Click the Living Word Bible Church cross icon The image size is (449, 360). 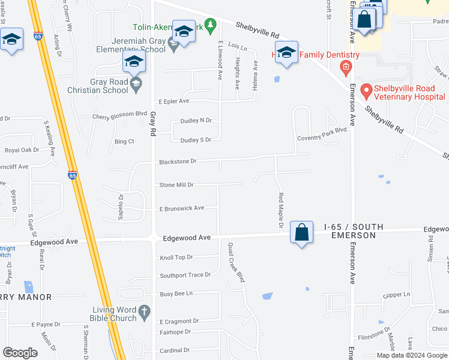pos(143,311)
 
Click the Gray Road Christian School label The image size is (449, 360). pos(100,86)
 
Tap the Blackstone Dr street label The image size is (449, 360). pos(178,161)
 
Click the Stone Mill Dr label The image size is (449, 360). pos(176,185)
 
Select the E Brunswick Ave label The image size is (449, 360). pos(181,208)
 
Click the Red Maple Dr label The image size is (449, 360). pos(280,211)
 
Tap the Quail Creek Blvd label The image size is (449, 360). pos(237,262)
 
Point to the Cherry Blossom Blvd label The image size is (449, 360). pos(119,117)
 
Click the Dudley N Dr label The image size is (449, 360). pos(196,121)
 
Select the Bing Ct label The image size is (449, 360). pos(124,141)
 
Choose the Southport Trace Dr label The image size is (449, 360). pos(185,275)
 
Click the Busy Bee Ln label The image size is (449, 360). pos(176,293)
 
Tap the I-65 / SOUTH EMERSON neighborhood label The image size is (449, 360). pos(354,231)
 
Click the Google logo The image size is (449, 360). pos(20,352)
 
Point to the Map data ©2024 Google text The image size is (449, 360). pos(412,355)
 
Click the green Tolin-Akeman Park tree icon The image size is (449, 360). pos(209,25)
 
